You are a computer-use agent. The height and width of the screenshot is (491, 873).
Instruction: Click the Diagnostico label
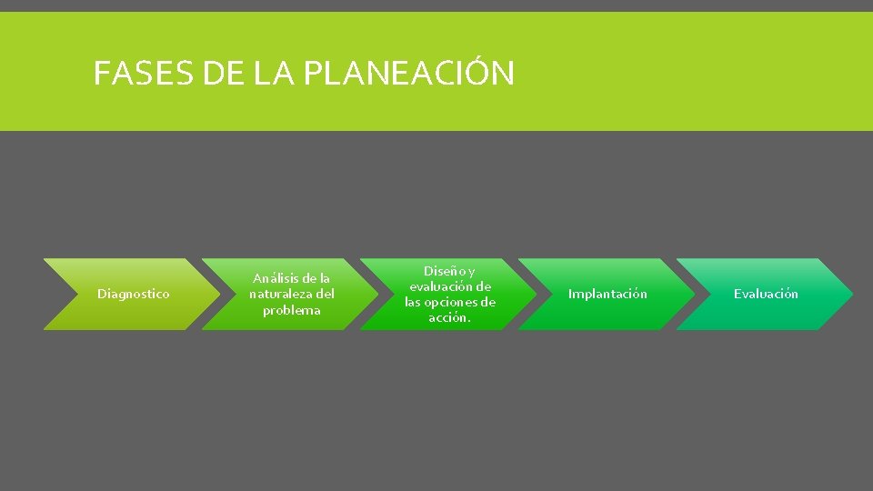133,294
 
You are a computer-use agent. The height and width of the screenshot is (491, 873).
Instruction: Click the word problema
291,310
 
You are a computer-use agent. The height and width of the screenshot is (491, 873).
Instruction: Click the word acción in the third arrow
449,317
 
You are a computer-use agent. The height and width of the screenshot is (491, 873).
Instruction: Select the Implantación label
607,294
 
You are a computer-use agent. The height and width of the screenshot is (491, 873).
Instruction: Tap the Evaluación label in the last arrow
766,294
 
